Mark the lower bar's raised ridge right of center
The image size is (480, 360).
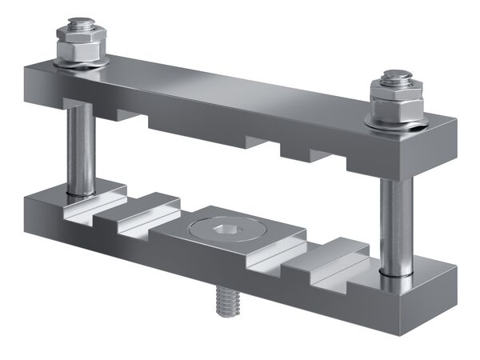[x=320, y=256]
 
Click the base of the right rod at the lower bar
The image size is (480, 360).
[x=395, y=272]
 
